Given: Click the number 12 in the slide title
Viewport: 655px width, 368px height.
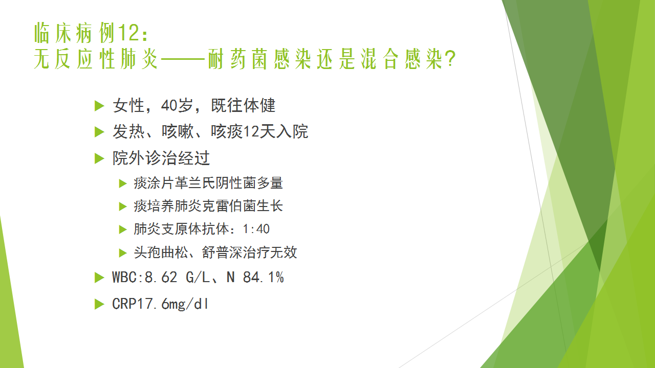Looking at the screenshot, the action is tap(128, 33).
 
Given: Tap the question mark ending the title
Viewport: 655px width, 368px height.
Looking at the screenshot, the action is tap(451, 59).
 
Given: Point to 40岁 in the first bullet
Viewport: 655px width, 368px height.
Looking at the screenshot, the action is tap(177, 105).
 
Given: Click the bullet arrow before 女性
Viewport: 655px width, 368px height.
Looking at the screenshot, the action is tap(99, 106).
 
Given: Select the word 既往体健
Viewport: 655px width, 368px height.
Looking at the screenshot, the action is tap(243, 105).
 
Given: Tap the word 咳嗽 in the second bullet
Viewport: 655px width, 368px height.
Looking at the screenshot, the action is tap(178, 131).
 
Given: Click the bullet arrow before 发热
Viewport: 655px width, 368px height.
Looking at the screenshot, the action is tap(99, 132).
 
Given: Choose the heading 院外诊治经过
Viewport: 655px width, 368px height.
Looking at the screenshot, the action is tap(161, 158).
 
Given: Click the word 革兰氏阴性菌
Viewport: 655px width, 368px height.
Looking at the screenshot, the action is tap(215, 183).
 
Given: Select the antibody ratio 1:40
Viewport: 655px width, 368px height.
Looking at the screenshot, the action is tap(256, 229).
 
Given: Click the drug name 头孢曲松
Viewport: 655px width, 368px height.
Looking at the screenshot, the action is tap(161, 252).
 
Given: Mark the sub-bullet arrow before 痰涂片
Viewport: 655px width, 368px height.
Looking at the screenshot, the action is tap(123, 183).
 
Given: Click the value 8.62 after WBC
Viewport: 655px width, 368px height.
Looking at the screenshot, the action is tap(161, 277).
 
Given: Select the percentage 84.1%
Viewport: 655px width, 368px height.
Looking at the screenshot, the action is tap(263, 277).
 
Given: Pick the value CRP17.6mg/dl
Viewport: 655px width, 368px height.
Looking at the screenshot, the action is tap(160, 304).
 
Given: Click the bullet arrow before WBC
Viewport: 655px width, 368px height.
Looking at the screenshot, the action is tap(99, 278).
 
